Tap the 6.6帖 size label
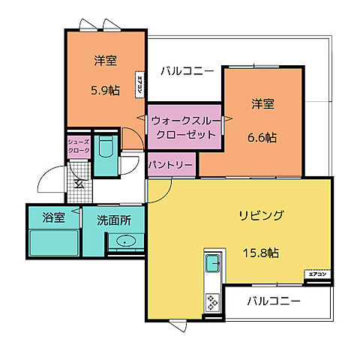[262, 137]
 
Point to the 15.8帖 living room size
[259, 253]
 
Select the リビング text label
[261, 216]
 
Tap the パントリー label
[171, 163]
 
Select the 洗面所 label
[114, 220]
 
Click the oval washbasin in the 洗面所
[124, 241]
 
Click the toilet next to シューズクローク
[104, 154]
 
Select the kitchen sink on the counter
[212, 263]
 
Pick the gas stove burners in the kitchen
[212, 302]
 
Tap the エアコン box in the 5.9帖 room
[139, 84]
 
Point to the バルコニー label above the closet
[187, 72]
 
